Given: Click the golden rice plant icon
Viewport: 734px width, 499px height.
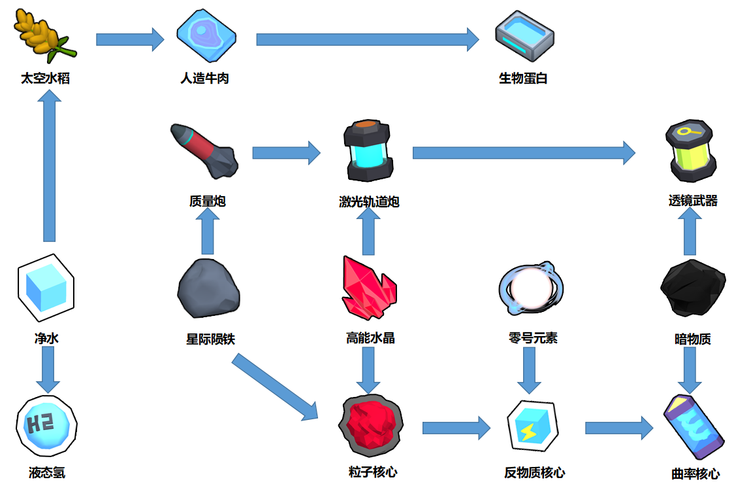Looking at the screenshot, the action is tap(44, 35).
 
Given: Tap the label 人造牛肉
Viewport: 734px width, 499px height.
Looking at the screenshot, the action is tap(204, 78).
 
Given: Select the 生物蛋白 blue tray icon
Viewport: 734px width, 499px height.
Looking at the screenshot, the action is tap(525, 36).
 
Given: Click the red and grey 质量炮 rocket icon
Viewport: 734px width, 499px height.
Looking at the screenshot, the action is tap(204, 151).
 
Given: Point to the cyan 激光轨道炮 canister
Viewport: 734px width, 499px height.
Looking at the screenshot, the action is tap(368, 150).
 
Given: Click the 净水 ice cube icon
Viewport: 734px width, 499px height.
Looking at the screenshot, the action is tap(46, 288).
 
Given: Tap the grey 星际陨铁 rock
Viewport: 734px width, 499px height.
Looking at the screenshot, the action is tap(209, 288).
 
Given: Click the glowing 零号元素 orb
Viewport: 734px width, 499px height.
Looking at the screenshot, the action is tap(531, 288).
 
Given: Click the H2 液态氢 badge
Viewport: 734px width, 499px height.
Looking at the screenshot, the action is tap(46, 426).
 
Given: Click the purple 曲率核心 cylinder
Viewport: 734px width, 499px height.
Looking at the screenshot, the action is tap(692, 427).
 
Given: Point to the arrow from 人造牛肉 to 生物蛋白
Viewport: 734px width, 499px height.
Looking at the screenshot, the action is tap(368, 39).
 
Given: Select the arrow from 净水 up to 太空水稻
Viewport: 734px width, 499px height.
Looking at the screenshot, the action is tap(49, 165).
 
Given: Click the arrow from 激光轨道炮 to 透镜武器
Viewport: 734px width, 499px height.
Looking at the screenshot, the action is tap(524, 153).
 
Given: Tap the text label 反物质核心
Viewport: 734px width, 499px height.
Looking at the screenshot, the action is tap(535, 473).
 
